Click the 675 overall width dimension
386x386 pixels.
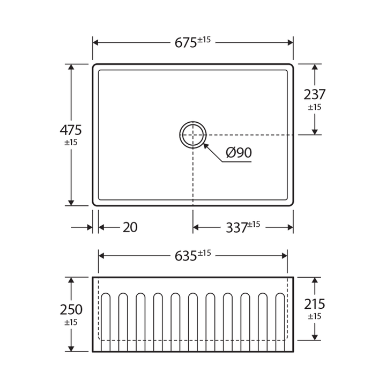click(186, 43)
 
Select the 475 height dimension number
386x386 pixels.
click(71, 130)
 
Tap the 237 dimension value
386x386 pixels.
click(315, 94)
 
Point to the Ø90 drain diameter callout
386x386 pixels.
click(239, 153)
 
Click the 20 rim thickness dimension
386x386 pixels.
click(130, 227)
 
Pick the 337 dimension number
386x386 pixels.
click(236, 228)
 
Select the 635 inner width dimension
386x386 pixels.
click(186, 256)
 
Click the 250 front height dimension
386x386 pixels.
click(71, 310)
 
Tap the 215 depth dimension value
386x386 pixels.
click(315, 304)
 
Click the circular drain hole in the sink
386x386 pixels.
click(193, 135)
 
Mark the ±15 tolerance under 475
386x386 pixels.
click(71, 143)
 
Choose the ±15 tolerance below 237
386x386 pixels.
click(315, 107)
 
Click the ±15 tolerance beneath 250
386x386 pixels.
click(71, 322)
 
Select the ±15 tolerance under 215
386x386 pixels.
click(315, 316)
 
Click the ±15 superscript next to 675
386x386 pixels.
click(204, 40)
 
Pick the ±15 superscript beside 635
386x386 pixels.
click(204, 253)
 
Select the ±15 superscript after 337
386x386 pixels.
click(254, 225)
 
